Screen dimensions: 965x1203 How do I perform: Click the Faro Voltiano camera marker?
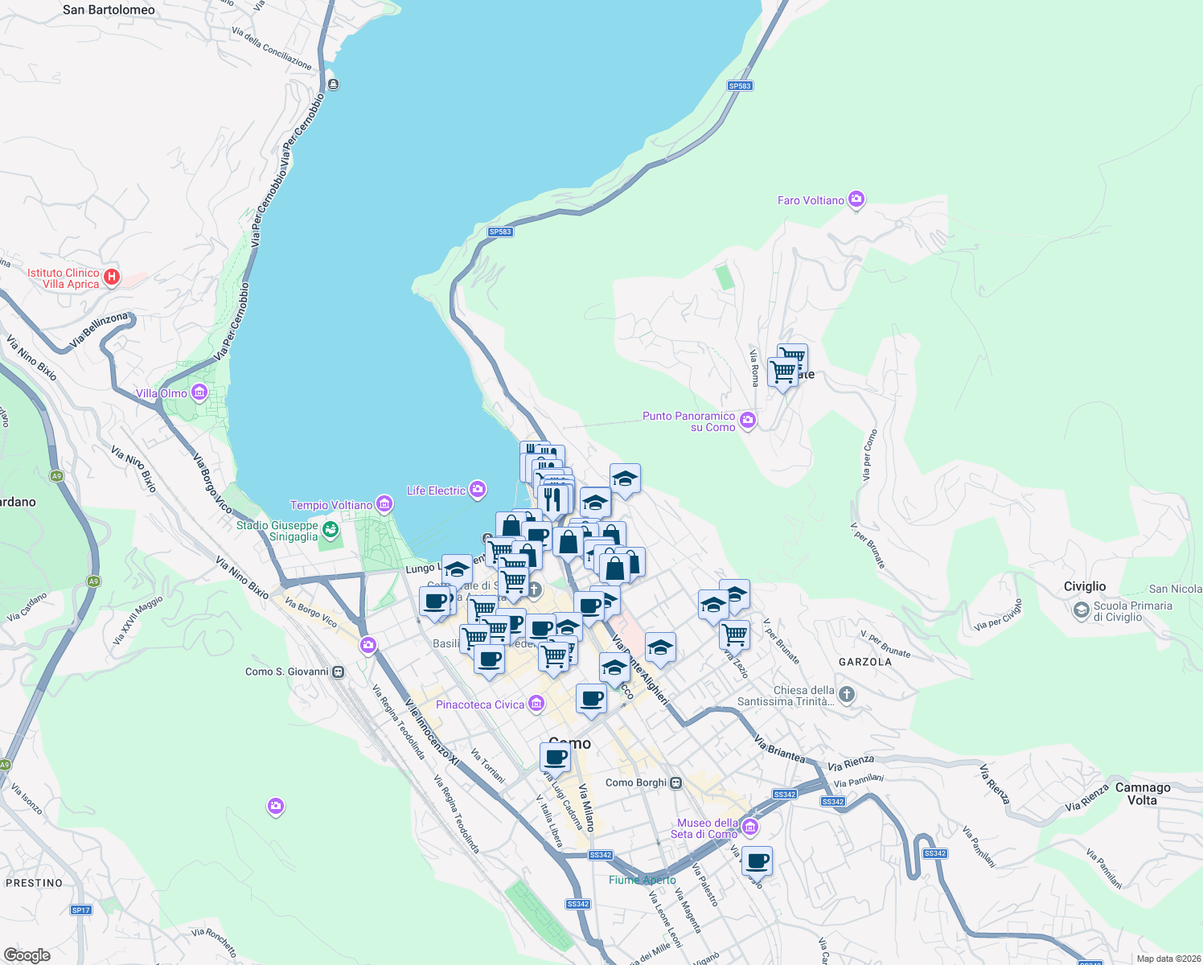(856, 199)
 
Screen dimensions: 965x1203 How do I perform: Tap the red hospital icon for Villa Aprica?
(112, 277)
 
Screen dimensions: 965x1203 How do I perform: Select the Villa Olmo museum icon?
(199, 393)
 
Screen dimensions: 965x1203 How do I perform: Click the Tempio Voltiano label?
(331, 505)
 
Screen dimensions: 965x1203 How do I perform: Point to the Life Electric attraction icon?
(478, 489)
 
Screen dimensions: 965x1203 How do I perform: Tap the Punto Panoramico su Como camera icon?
(748, 420)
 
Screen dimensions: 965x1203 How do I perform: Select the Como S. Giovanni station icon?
(339, 671)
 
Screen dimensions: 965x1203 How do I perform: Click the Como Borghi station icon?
(676, 782)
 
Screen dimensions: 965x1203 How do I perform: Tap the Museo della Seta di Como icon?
(750, 827)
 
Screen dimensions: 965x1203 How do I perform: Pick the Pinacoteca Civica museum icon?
(536, 704)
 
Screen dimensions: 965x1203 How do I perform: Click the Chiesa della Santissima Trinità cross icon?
(846, 694)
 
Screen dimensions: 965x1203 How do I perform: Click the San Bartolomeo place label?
(109, 10)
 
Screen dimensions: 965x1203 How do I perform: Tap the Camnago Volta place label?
(1143, 794)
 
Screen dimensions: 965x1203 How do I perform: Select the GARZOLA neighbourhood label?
(865, 662)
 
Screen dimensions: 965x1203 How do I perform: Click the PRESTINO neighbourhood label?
(34, 882)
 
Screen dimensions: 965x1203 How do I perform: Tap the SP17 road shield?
(80, 910)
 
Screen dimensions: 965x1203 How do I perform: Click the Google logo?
(27, 955)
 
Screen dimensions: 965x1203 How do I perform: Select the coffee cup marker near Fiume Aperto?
(757, 861)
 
